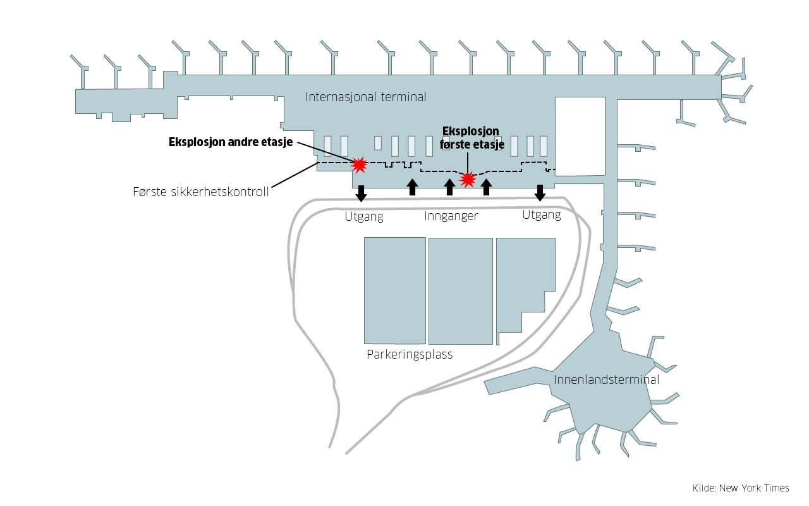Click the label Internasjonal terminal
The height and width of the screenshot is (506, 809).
click(365, 97)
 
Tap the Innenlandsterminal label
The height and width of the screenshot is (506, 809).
click(606, 379)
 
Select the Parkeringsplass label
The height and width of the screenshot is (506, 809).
click(410, 354)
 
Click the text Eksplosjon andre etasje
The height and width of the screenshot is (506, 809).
click(230, 142)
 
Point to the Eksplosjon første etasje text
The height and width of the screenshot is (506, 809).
click(471, 139)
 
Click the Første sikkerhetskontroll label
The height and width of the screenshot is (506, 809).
click(201, 192)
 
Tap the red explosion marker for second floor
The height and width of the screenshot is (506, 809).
click(359, 165)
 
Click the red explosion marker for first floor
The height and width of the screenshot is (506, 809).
click(468, 180)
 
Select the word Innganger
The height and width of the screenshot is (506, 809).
click(451, 216)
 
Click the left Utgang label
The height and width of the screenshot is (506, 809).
click(364, 217)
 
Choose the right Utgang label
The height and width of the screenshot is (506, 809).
click(541, 215)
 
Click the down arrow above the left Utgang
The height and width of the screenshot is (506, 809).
click(361, 193)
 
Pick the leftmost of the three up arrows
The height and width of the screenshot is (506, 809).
click(412, 187)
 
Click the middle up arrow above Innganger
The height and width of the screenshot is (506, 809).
click(449, 187)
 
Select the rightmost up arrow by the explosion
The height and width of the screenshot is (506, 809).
click(486, 187)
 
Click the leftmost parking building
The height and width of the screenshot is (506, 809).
click(394, 290)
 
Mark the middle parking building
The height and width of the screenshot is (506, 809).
click(460, 291)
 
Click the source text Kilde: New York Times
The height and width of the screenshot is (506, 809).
click(741, 488)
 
